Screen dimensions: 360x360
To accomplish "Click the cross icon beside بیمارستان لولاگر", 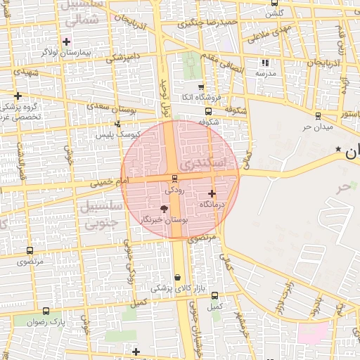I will pos(67,41).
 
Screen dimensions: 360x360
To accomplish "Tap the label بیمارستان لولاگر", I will pos(67,52).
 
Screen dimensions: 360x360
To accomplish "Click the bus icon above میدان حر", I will pos(318,116).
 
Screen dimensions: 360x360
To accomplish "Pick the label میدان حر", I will pos(317,127).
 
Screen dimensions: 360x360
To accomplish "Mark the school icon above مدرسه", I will pos(265,63).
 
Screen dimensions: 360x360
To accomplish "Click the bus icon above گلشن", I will pos(274,3).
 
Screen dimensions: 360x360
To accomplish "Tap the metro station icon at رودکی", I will pos(174,179).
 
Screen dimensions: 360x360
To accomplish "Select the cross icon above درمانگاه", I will pos(212,193).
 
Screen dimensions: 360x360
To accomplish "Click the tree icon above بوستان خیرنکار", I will pos(165,209).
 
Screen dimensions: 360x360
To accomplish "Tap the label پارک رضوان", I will pos(46,321).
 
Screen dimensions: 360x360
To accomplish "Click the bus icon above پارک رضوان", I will pos(46,311).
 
